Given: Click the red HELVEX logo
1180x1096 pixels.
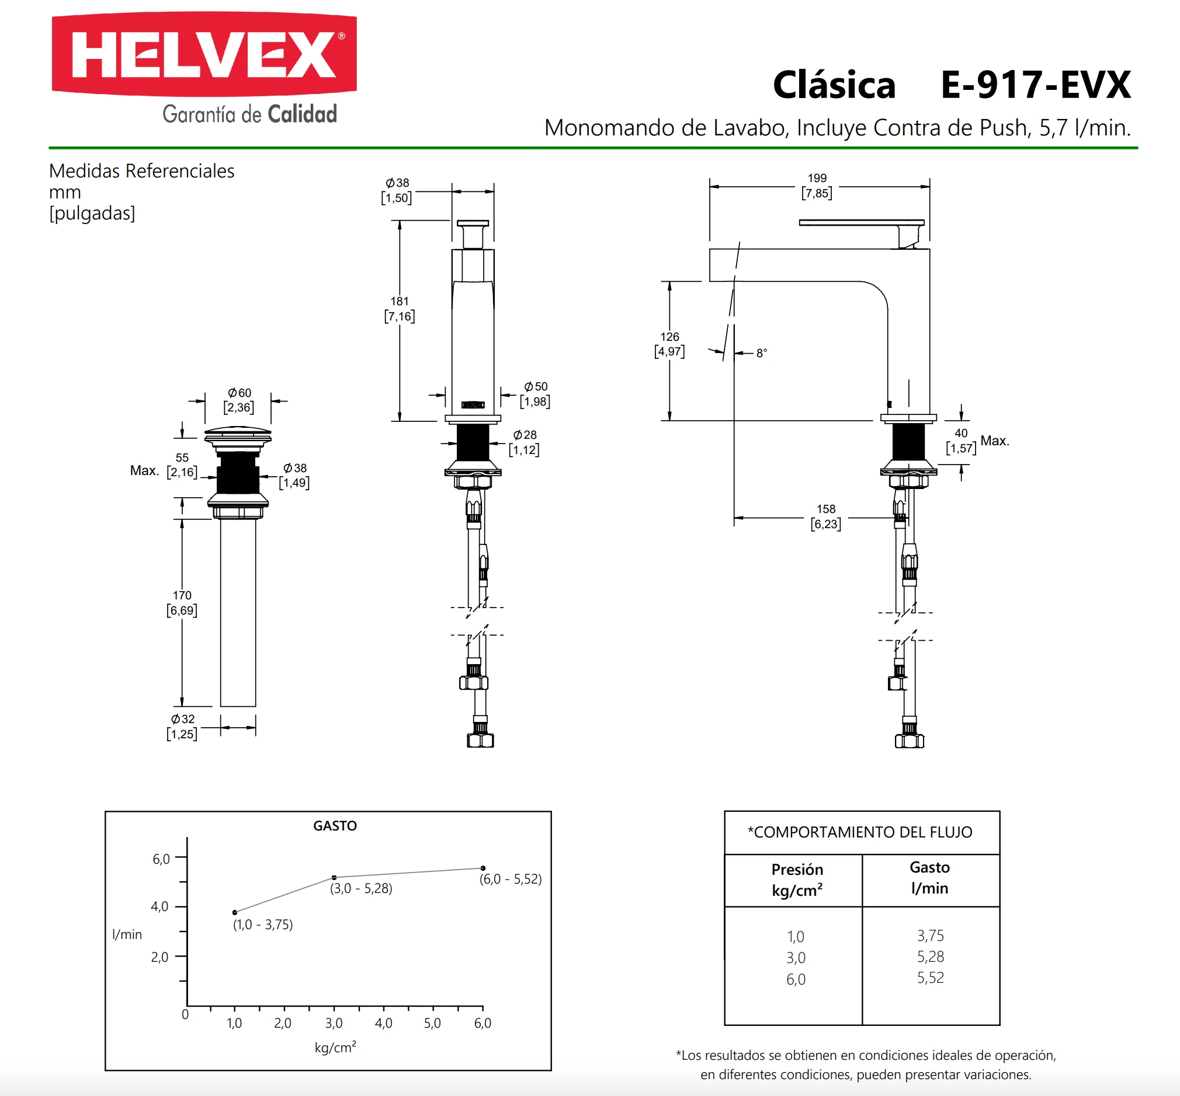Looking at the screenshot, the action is tap(204, 54).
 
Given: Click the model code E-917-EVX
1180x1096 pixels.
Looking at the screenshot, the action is tap(1036, 85).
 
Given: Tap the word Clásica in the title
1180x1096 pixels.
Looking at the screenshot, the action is tap(834, 84).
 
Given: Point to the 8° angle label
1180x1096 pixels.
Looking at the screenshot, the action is tap(762, 353).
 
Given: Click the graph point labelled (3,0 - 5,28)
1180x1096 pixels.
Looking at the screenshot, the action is tap(334, 877).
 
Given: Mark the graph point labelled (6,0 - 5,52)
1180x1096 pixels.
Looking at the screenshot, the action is tap(483, 868).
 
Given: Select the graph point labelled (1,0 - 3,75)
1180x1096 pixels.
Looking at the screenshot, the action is tap(235, 912).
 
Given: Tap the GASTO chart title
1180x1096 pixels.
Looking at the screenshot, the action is tap(335, 826).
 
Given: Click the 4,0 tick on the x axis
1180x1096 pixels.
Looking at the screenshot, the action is tap(383, 1023).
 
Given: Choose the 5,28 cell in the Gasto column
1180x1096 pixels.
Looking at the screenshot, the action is tap(930, 957).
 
